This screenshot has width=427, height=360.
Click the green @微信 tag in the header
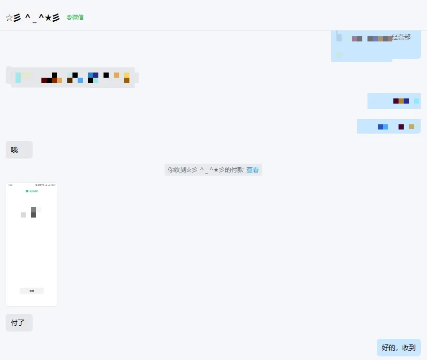click(x=75, y=17)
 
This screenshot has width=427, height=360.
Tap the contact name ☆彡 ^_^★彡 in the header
click(x=33, y=18)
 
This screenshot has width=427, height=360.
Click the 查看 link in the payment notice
click(x=253, y=169)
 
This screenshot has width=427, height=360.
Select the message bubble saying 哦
click(x=19, y=150)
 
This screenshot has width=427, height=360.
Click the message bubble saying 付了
click(x=19, y=323)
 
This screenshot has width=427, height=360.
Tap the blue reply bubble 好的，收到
click(x=399, y=348)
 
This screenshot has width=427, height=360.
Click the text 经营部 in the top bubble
click(x=401, y=37)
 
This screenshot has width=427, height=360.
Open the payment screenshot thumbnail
click(x=32, y=244)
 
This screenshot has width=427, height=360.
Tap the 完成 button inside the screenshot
click(x=32, y=291)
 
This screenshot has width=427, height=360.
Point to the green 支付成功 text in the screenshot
click(x=34, y=191)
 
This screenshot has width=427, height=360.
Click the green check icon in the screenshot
click(x=27, y=191)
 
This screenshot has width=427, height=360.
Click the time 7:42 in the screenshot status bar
click(x=10, y=185)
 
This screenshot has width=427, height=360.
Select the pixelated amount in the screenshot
click(x=31, y=212)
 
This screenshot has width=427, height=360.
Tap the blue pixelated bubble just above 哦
click(x=389, y=126)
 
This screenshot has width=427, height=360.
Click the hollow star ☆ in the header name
click(x=9, y=18)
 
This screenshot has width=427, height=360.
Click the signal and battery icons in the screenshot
click(x=46, y=185)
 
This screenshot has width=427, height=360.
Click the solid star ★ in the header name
click(x=49, y=18)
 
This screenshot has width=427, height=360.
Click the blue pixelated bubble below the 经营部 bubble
click(x=394, y=101)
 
